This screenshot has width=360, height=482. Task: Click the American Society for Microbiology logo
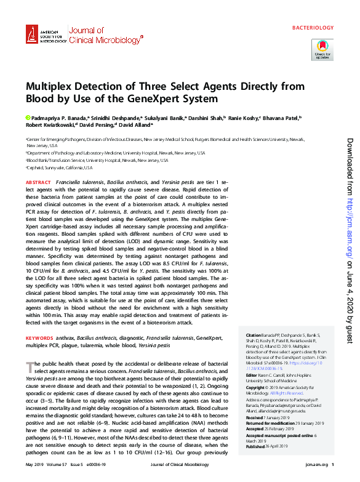click(45, 36)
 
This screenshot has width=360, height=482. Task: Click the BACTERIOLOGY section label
click(313, 28)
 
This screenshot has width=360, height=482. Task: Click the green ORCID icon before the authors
click(28, 117)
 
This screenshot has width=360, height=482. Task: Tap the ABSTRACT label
click(38, 183)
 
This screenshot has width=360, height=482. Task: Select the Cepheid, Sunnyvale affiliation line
click(60, 167)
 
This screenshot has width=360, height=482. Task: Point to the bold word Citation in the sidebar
click(254, 335)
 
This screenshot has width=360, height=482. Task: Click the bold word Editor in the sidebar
click(252, 375)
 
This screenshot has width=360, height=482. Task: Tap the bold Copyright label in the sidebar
click(257, 387)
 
